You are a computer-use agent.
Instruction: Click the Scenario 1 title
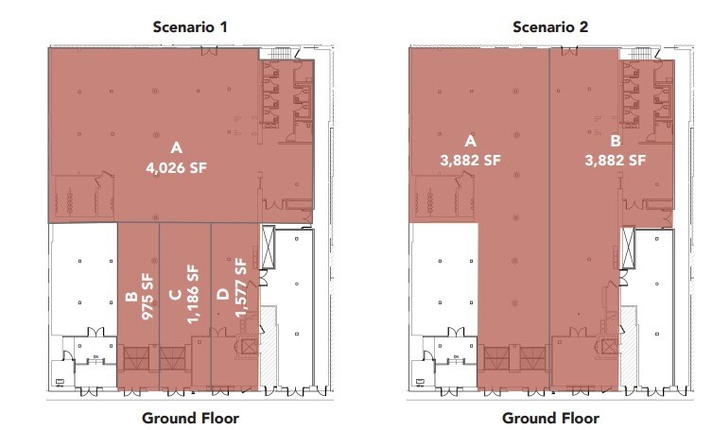[190, 26]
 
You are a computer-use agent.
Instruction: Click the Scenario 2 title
[550, 26]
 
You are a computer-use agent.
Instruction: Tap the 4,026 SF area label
[176, 169]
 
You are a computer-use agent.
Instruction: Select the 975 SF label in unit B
[147, 296]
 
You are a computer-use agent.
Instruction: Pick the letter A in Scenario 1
[176, 148]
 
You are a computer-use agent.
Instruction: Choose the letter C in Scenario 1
[177, 295]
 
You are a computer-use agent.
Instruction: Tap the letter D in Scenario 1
[223, 295]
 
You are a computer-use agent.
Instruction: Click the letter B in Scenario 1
[130, 300]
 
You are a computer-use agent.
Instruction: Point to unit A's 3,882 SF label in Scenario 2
[465, 161]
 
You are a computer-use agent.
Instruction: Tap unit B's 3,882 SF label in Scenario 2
[611, 161]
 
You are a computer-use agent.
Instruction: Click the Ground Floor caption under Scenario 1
[190, 417]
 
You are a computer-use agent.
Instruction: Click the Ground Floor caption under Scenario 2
[550, 417]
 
